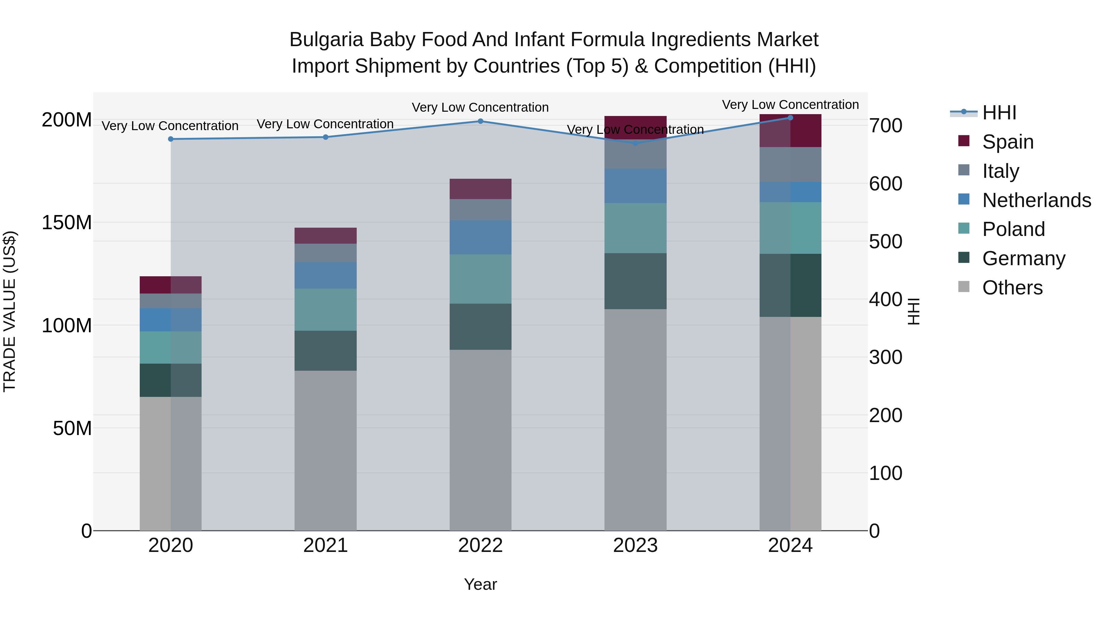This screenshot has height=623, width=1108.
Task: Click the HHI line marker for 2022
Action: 480,121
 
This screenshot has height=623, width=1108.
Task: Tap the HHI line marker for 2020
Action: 171,139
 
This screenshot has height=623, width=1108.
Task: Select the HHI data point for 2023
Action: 635,143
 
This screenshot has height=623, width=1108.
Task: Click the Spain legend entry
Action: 1008,142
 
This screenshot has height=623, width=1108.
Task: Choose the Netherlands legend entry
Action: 1037,200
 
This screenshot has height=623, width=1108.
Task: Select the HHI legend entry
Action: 999,113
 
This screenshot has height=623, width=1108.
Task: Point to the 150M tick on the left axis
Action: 67,223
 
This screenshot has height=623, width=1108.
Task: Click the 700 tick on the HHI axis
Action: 885,126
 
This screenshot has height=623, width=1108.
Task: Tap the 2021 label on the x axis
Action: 326,545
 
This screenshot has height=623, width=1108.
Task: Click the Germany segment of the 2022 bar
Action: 480,327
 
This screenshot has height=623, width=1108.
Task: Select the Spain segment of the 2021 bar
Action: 326,236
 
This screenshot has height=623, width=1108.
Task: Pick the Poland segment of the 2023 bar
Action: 635,228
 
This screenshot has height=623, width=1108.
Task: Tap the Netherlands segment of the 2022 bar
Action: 480,237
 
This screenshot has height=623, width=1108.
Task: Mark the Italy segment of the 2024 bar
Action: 790,165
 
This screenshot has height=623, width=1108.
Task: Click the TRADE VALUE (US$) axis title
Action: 10,311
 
